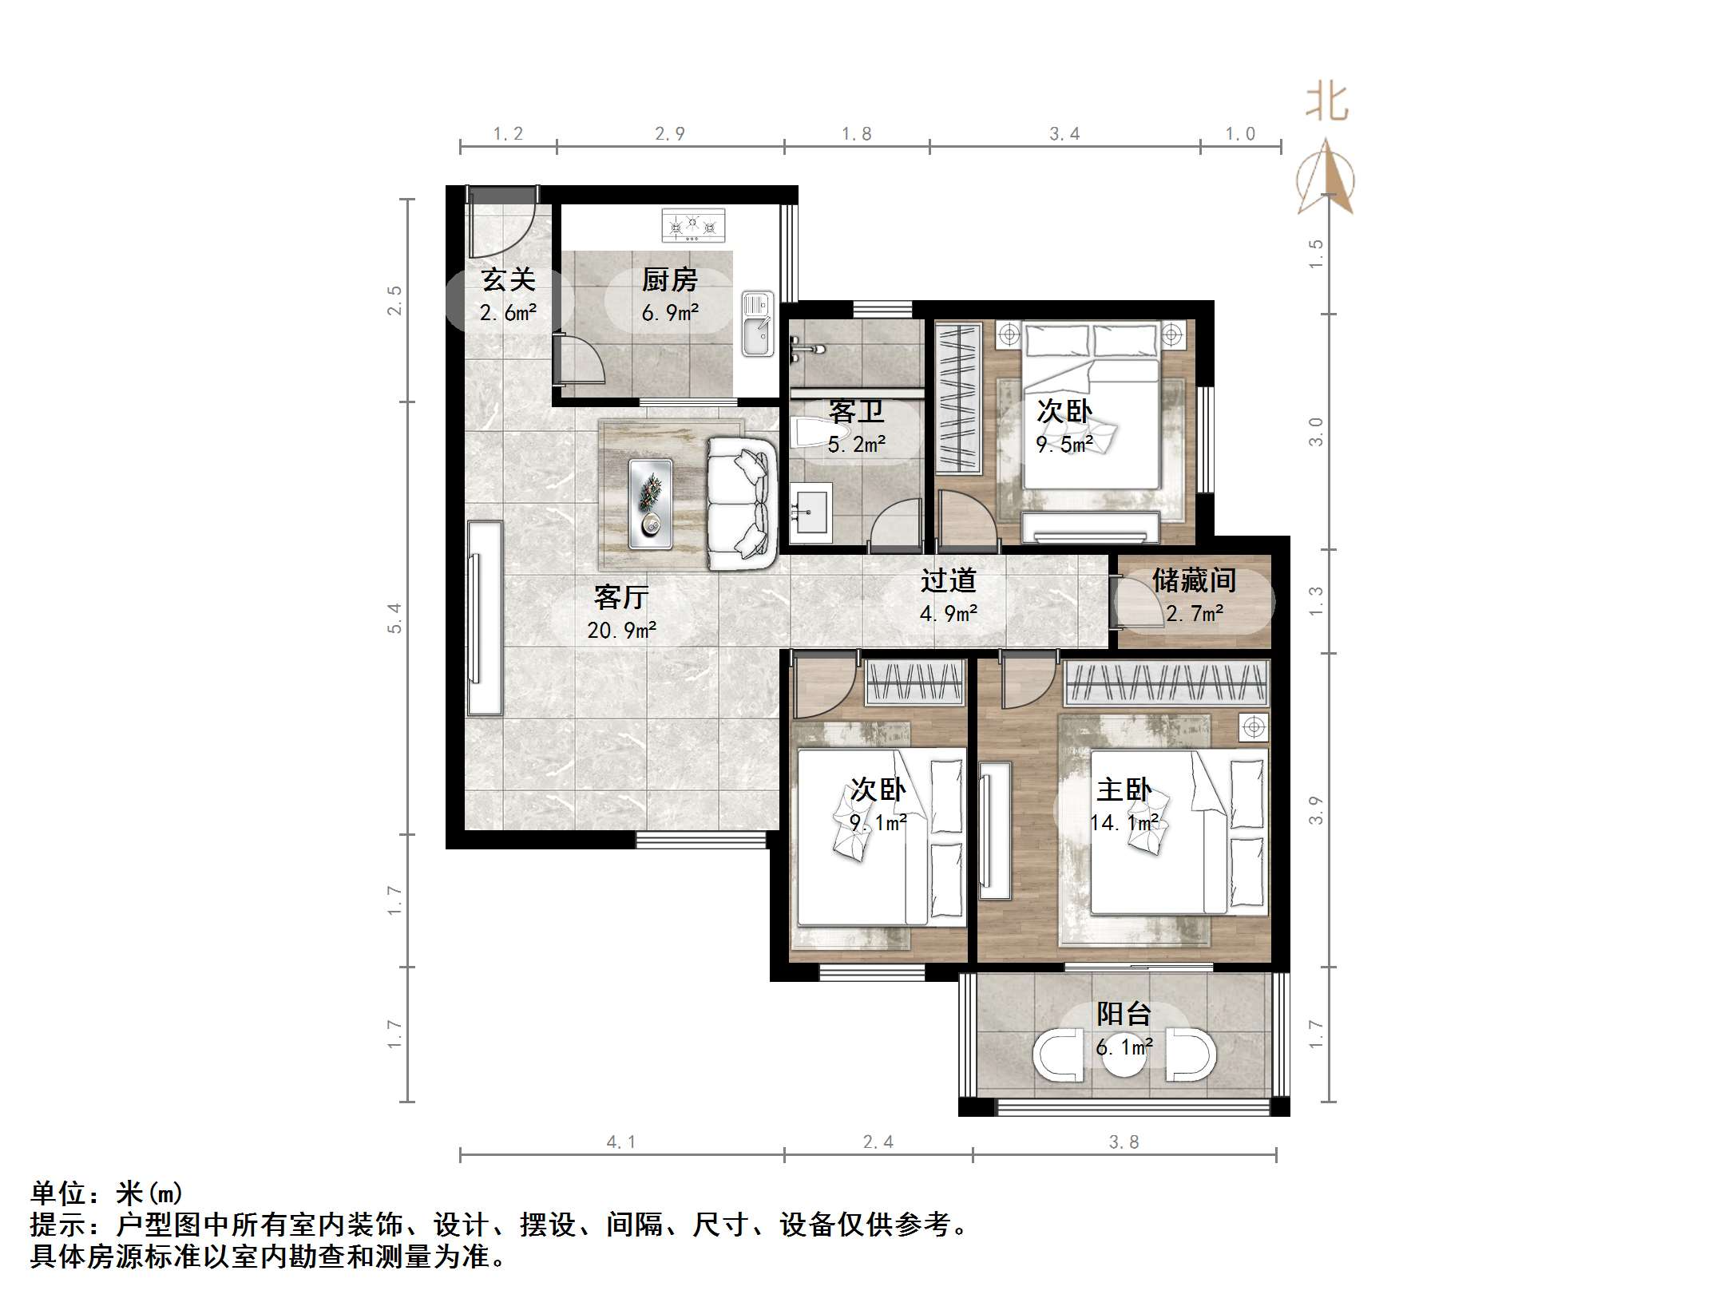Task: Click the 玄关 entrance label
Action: (x=508, y=279)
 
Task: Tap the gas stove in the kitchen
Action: (x=694, y=225)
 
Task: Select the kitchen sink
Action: (x=757, y=323)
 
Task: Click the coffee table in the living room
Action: (x=650, y=504)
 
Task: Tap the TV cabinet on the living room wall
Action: (x=485, y=618)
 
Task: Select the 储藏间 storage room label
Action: (x=1194, y=580)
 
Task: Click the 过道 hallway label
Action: (x=949, y=580)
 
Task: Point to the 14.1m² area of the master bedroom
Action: (x=1124, y=822)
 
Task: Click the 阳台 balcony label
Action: (x=1124, y=1014)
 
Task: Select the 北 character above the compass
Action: (x=1326, y=102)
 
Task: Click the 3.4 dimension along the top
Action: (x=1064, y=134)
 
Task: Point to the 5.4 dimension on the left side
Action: (x=395, y=618)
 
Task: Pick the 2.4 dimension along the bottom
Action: (x=878, y=1142)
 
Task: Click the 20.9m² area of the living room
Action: (x=621, y=631)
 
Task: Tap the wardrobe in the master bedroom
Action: (x=1167, y=683)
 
